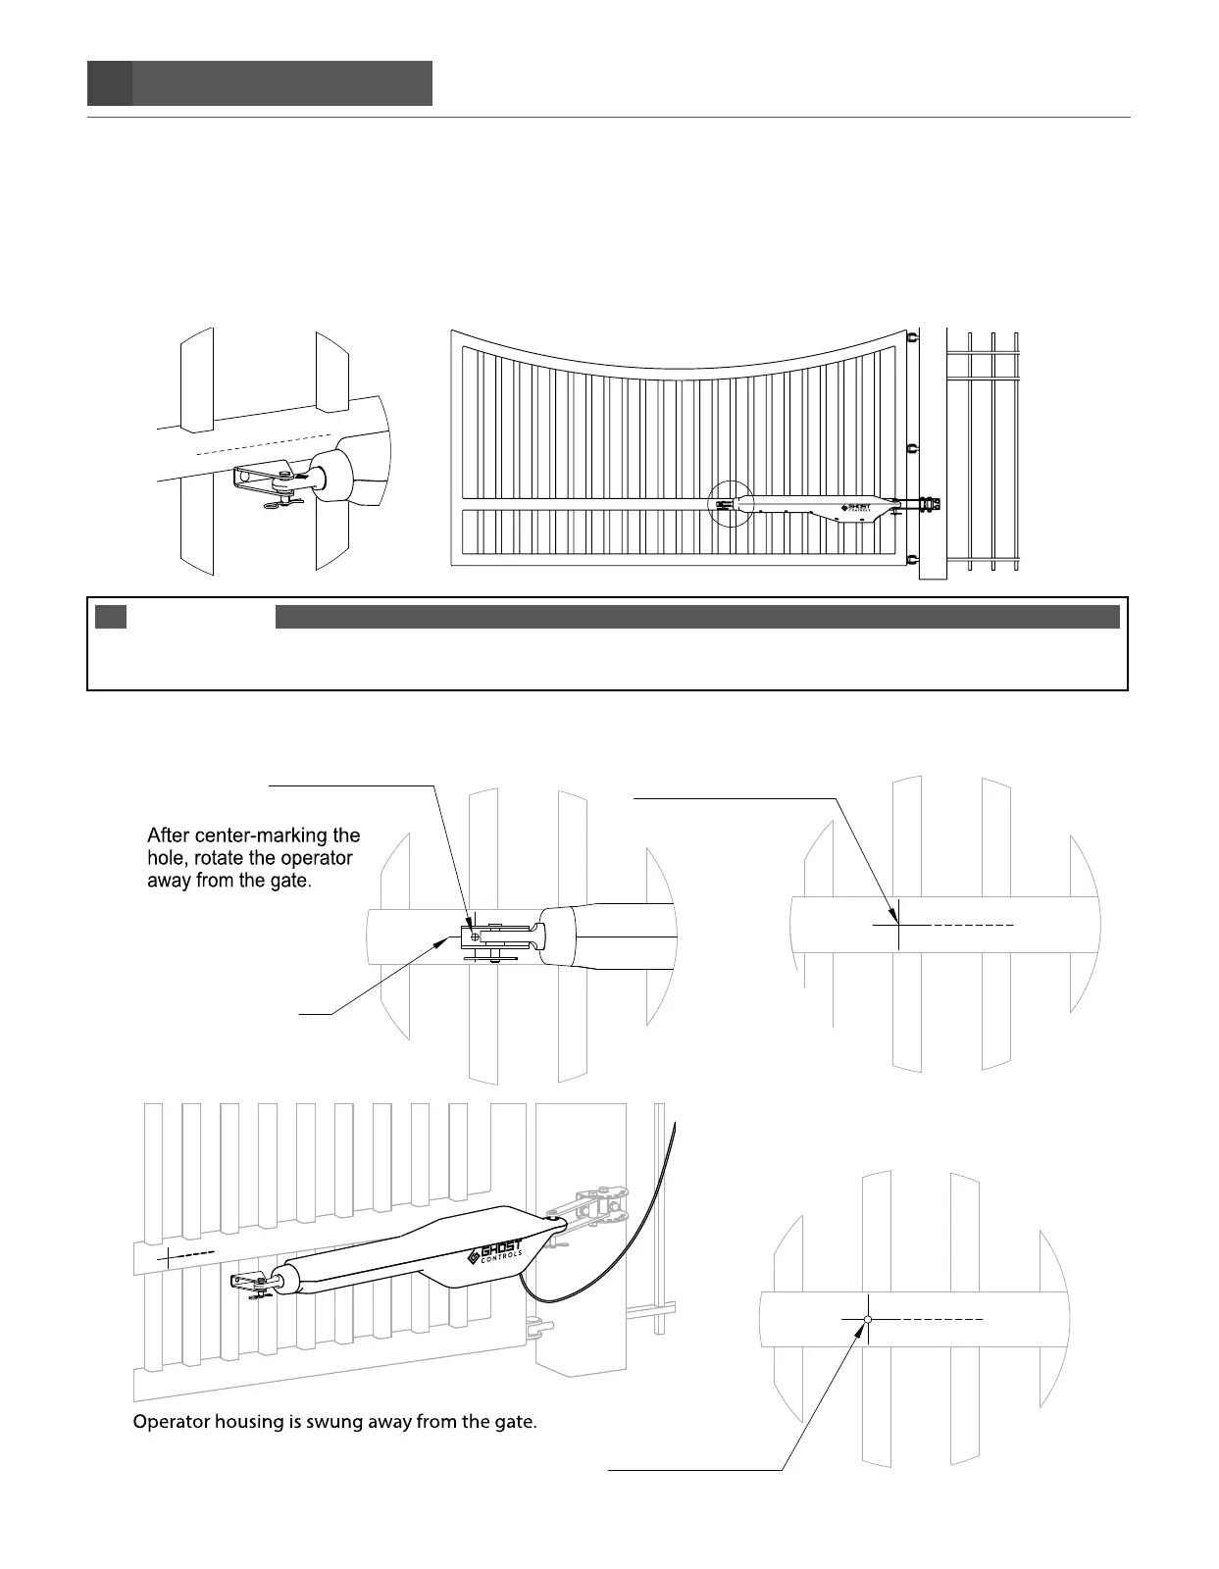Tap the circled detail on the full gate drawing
[731, 504]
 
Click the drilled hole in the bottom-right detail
[868, 1319]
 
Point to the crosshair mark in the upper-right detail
[898, 924]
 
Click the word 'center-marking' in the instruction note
[256, 836]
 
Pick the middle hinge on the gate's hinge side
[912, 449]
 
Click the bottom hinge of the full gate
[912, 560]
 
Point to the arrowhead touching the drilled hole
[863, 1328]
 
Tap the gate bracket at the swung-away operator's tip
[249, 1281]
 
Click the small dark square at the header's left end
[109, 83]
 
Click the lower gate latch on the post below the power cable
[537, 1330]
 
